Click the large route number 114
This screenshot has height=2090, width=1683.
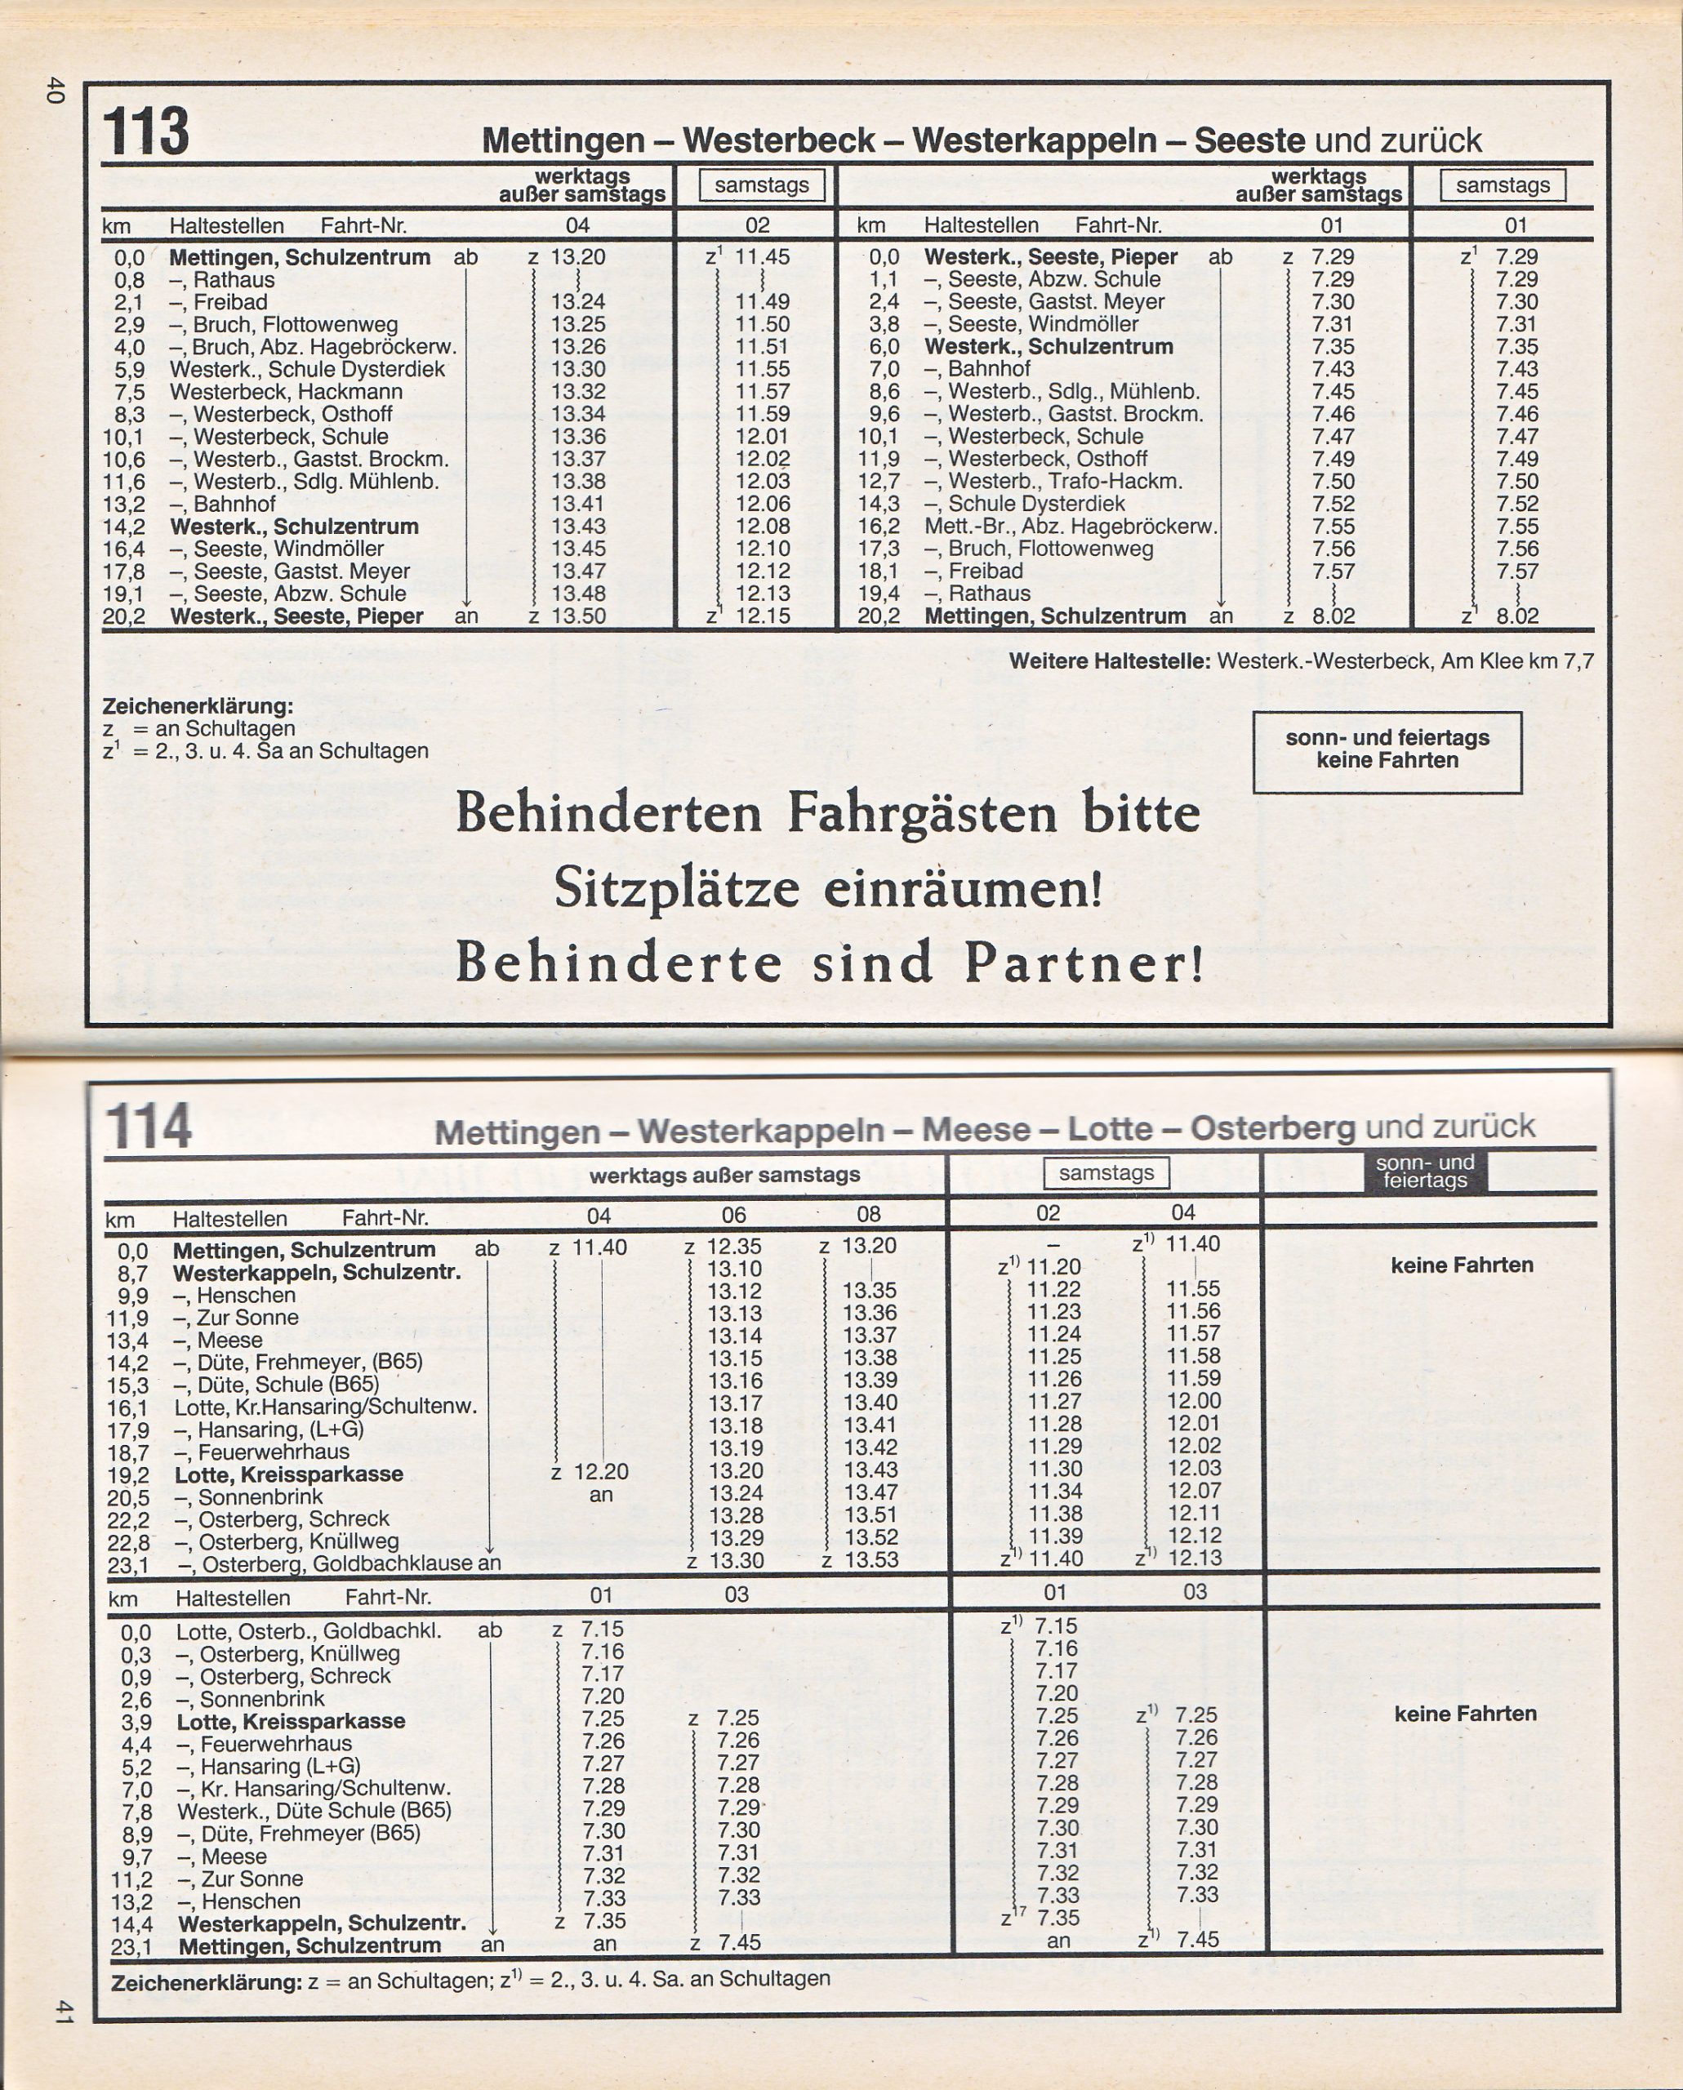point(149,1126)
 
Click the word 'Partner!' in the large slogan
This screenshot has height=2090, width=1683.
point(1084,963)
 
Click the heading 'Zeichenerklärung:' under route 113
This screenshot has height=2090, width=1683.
point(197,705)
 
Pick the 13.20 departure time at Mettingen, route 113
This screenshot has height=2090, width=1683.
point(578,257)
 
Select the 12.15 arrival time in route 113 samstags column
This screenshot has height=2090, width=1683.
point(762,616)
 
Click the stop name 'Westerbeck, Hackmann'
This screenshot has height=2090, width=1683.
point(286,392)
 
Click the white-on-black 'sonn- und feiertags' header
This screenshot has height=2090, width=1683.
point(1424,1171)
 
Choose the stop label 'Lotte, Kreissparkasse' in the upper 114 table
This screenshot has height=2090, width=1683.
point(289,1474)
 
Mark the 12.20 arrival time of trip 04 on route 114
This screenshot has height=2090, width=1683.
point(601,1471)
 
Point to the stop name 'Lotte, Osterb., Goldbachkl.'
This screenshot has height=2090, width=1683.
point(309,1630)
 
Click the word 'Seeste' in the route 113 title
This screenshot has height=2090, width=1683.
point(1249,140)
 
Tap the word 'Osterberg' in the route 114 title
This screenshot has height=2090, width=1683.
point(1272,1128)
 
